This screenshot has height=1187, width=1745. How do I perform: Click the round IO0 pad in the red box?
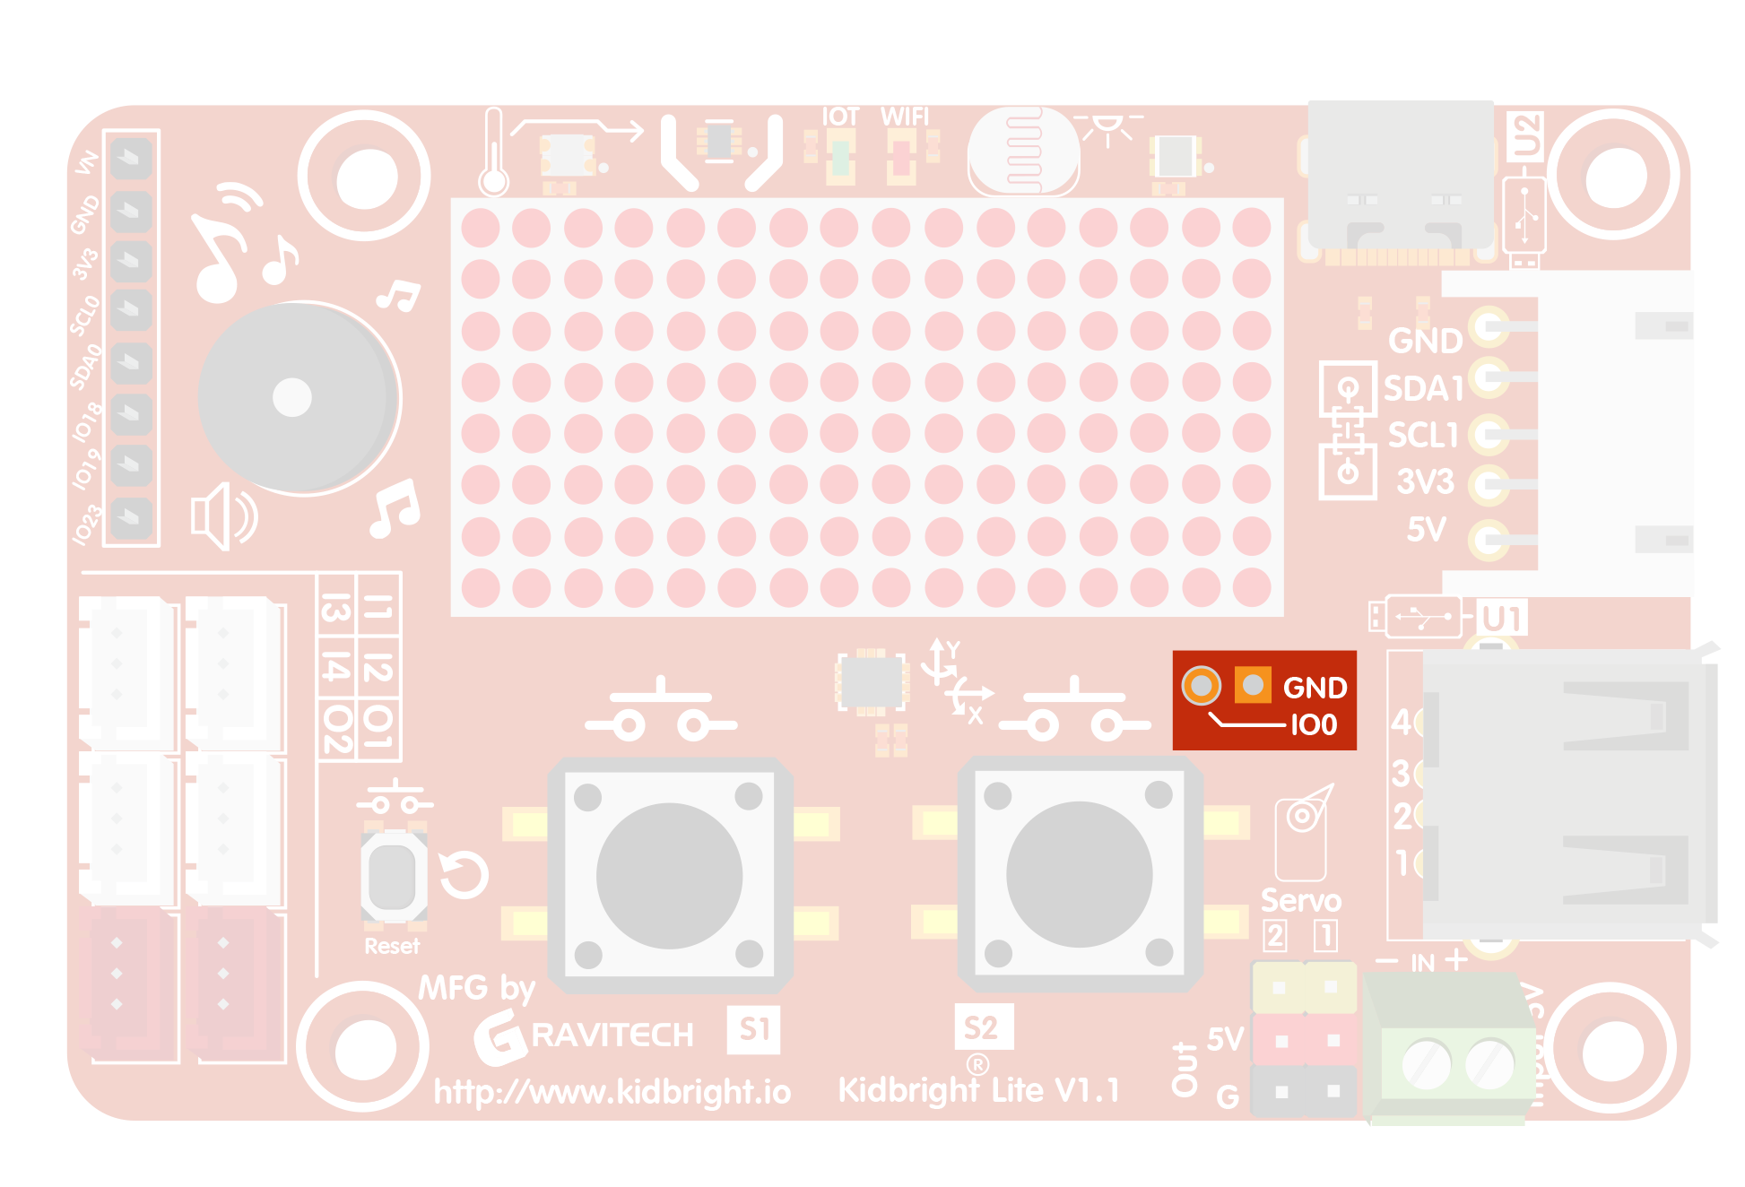(x=1202, y=686)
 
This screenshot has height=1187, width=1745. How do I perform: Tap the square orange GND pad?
(x=1253, y=686)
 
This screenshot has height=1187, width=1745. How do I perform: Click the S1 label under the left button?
(x=754, y=1029)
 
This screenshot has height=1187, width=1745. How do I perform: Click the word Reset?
(x=392, y=947)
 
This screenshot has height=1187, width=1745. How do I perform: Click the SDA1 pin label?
(x=1423, y=389)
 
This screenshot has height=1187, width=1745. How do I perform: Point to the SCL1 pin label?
(x=1423, y=436)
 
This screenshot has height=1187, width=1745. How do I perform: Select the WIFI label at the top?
(x=905, y=117)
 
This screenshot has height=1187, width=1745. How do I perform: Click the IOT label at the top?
(x=840, y=117)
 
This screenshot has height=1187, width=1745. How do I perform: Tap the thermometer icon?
(x=493, y=152)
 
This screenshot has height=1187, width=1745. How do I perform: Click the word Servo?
(x=1301, y=900)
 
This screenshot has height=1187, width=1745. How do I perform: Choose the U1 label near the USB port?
(x=1502, y=619)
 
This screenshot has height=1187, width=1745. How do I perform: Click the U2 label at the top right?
(x=1525, y=136)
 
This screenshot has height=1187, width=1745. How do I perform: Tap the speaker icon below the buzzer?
(x=223, y=516)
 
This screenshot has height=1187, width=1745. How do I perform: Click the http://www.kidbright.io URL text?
(x=612, y=1092)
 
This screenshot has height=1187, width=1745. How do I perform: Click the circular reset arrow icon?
(x=464, y=875)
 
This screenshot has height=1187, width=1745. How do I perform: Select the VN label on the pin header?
(x=86, y=162)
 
